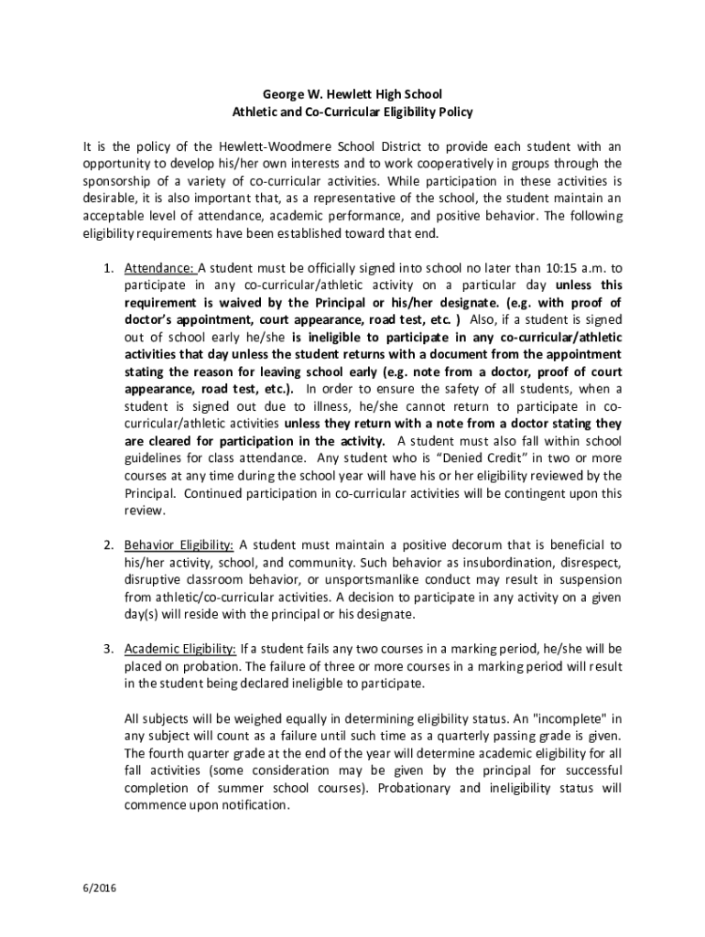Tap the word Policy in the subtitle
pos(451,112)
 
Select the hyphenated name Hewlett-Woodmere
pos(271,146)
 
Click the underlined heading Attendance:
pos(159,268)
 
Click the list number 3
pos(106,650)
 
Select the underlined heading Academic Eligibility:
pos(180,650)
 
